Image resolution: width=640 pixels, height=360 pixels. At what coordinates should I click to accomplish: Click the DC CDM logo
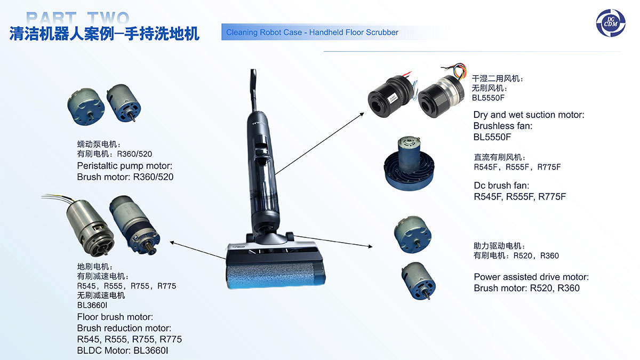point(611,23)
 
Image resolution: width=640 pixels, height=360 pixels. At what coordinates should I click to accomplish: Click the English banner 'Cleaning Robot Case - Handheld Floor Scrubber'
point(312,33)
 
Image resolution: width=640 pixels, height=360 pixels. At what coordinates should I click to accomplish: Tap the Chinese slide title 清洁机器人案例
point(61,34)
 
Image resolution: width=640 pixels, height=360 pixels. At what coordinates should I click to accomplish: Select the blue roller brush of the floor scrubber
point(276,275)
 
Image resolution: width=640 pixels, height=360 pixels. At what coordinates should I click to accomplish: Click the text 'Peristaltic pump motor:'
point(125,166)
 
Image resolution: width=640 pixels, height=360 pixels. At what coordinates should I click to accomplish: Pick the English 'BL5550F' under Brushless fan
point(492,137)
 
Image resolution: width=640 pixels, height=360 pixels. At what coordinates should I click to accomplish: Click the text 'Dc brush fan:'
point(501,186)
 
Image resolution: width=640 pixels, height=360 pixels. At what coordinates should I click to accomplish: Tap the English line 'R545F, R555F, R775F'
point(519,197)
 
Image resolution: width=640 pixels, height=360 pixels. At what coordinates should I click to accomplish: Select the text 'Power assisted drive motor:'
point(531,277)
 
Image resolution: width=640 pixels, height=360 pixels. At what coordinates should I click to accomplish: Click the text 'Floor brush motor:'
point(115,317)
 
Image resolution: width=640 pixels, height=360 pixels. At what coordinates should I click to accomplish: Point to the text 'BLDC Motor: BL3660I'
point(123,350)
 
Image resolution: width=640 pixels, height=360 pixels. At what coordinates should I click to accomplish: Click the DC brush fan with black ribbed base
point(409,164)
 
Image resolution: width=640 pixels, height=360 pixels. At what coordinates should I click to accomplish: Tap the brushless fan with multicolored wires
point(442,91)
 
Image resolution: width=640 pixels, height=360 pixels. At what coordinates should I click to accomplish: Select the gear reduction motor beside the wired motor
point(134,225)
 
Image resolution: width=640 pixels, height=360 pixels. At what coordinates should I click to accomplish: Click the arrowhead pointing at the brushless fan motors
point(362,114)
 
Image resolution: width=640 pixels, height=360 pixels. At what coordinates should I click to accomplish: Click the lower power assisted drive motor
point(419,281)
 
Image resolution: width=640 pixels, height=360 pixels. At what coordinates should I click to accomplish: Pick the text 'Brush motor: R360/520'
point(125,177)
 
